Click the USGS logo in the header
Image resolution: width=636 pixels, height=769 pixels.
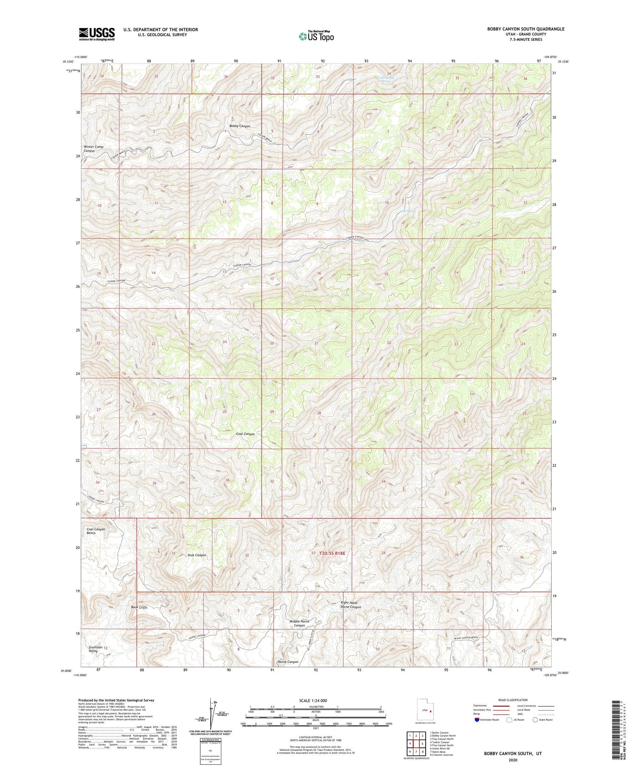pyautogui.click(x=96, y=34)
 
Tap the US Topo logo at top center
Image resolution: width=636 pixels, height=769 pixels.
pyautogui.click(x=315, y=36)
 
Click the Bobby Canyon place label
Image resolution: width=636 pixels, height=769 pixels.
pyautogui.click(x=240, y=126)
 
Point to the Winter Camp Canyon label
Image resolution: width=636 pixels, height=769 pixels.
pyautogui.click(x=93, y=149)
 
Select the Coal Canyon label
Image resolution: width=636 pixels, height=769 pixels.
pyautogui.click(x=245, y=434)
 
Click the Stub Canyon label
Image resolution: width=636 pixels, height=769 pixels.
pyautogui.click(x=197, y=555)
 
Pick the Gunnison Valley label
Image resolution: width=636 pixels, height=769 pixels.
pyautogui.click(x=95, y=650)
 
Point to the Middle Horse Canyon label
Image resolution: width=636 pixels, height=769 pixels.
pyautogui.click(x=299, y=624)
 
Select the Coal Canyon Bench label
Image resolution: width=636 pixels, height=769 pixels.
pyautogui.click(x=96, y=531)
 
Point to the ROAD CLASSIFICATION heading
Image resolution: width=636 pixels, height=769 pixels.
pyautogui.click(x=513, y=700)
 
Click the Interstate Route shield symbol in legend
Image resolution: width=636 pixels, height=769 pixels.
pyautogui.click(x=477, y=720)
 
